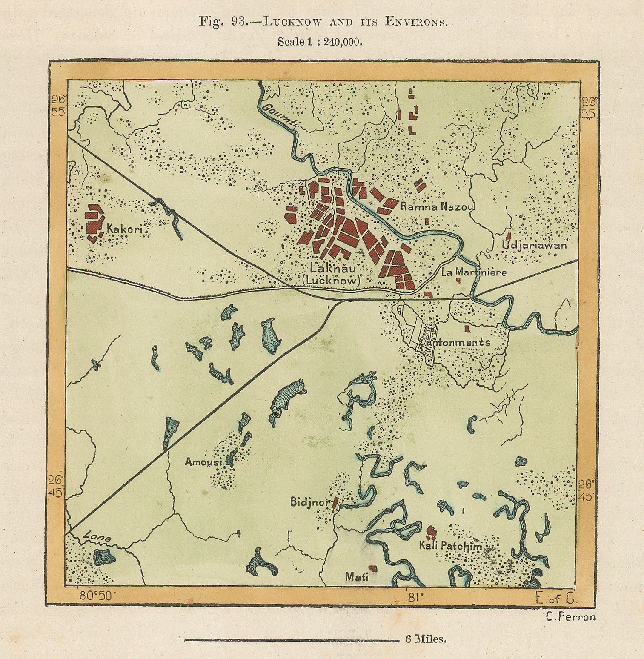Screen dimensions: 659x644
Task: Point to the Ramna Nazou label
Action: tap(438, 207)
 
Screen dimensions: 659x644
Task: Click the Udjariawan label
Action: tap(534, 246)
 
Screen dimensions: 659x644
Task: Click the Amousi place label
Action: tap(203, 462)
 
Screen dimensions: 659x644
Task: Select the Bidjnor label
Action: tap(310, 502)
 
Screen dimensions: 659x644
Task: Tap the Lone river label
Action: tap(97, 536)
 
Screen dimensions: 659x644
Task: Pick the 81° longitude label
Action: tap(413, 596)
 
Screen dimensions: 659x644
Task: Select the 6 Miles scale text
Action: tap(425, 639)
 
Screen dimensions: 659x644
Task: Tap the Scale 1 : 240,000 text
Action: tap(320, 42)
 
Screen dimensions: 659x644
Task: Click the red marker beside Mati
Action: tap(373, 568)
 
